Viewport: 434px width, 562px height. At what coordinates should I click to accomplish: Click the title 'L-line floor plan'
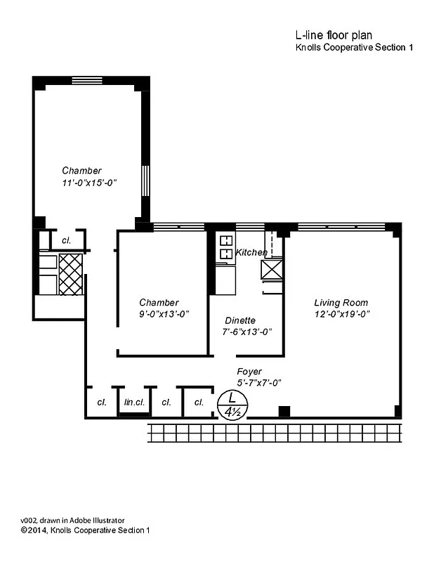334,35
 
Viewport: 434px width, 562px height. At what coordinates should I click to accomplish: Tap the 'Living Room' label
341,302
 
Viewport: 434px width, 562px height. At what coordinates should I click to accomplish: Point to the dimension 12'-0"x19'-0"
341,314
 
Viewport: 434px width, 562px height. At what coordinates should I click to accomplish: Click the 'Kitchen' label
251,252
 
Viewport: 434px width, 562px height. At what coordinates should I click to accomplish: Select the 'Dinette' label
240,320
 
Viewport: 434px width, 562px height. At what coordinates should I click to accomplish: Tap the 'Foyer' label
249,371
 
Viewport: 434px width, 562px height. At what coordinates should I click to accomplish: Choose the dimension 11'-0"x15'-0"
88,183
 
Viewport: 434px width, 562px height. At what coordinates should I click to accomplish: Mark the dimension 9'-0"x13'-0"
164,314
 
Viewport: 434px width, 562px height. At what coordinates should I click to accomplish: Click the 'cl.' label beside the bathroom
67,240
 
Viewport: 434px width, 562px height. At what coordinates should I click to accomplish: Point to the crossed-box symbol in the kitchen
271,269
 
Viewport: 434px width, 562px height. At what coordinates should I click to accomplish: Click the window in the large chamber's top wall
87,79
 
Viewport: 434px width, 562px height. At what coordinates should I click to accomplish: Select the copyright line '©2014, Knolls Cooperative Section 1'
84,530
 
